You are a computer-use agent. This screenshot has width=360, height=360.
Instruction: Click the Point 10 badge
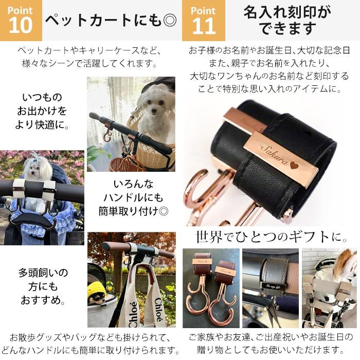point(21,21)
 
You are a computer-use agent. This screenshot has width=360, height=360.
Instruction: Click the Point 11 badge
point(203,21)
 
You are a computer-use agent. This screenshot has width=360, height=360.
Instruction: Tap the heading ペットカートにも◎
point(111,21)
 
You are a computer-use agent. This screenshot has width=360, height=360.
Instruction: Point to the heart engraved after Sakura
point(293,166)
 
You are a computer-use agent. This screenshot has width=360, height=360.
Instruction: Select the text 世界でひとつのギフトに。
point(272,237)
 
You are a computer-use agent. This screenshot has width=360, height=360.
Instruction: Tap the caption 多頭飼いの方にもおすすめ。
point(43,286)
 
